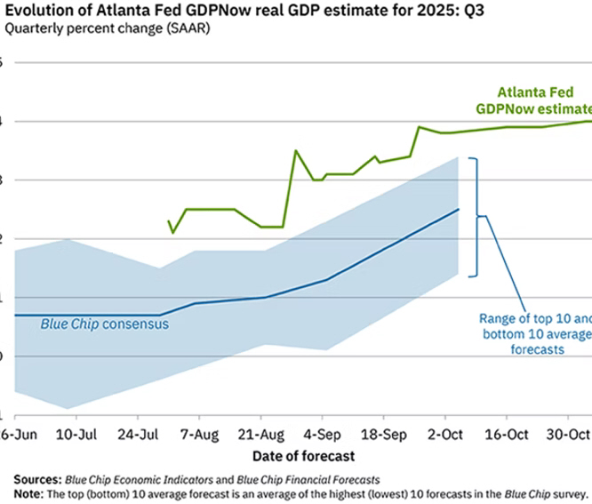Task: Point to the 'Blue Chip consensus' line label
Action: point(105,324)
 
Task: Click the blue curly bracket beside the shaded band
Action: point(479,216)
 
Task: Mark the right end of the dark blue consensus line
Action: point(459,210)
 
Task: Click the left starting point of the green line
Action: point(168,221)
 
